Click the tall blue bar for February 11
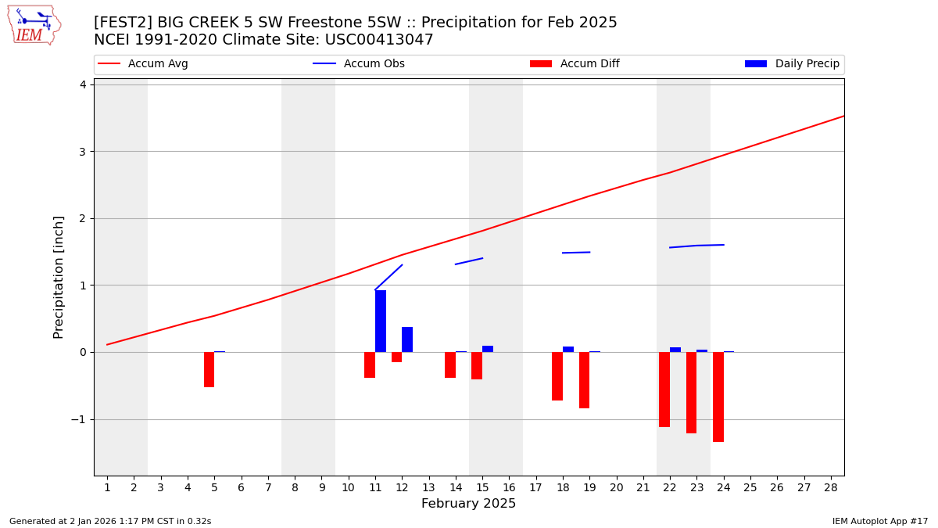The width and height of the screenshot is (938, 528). (381, 321)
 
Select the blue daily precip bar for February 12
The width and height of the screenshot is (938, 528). (407, 339)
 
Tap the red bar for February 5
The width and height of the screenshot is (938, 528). (209, 369)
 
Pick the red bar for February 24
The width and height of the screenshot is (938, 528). (718, 397)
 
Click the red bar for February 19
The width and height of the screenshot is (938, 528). (584, 380)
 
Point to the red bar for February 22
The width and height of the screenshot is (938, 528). (664, 390)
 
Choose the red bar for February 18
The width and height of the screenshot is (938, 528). (557, 376)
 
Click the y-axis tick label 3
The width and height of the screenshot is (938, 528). (82, 152)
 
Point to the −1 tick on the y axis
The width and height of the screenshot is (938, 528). (78, 419)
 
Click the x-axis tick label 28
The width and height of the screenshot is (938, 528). (830, 488)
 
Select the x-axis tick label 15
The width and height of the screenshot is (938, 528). (482, 488)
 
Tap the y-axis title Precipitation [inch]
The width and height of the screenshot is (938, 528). (59, 277)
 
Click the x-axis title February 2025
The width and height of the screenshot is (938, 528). (468, 504)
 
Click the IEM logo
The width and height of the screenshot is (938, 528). (34, 25)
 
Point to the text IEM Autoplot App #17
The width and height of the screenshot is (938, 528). (879, 521)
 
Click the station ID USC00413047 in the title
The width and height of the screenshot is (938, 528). (379, 40)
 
